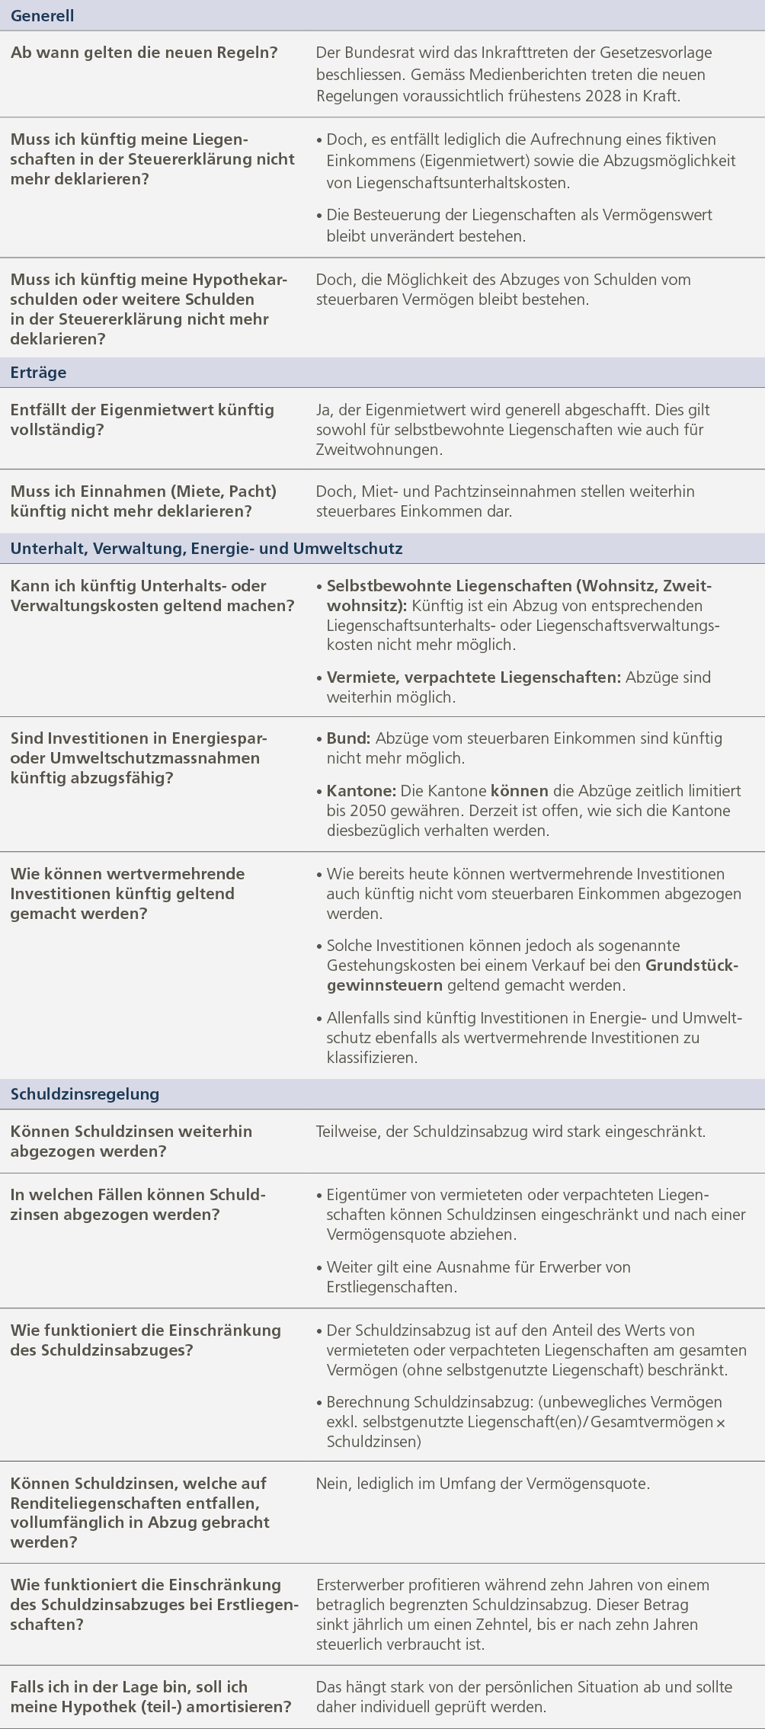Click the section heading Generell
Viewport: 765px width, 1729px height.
(x=42, y=16)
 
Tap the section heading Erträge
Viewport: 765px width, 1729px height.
(x=38, y=373)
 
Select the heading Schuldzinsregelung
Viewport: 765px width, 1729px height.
(x=85, y=1093)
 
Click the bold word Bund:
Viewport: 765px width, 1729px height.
(x=348, y=738)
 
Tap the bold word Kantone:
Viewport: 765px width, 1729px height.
(x=361, y=791)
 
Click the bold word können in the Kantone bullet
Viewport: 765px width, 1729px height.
(x=519, y=791)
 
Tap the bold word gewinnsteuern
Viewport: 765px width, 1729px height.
(x=384, y=985)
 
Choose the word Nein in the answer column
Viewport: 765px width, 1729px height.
(x=332, y=1484)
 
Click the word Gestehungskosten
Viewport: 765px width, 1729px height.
(x=389, y=965)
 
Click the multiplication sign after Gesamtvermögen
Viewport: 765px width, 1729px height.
(x=721, y=1423)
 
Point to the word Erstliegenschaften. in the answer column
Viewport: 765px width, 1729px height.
(x=392, y=1287)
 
